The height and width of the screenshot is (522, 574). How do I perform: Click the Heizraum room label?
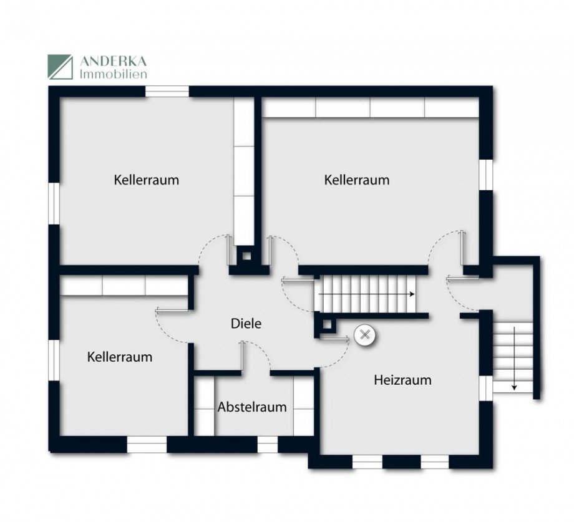coord(402,379)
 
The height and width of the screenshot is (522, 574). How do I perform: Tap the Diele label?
coord(246,324)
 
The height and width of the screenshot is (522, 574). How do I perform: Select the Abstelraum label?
coord(252,407)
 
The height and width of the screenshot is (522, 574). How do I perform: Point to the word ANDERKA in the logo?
coord(113,60)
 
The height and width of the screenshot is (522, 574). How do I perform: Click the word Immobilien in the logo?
coord(113,73)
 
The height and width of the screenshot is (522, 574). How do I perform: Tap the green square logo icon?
coord(61,67)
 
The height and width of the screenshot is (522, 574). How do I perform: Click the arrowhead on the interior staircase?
coord(413,294)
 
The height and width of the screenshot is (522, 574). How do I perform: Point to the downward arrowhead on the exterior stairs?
coord(514,387)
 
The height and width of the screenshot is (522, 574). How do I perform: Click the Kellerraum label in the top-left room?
coord(146,180)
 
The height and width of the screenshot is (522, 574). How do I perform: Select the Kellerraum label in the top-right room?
coord(356,180)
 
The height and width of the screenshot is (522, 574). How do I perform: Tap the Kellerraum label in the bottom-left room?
coord(120,357)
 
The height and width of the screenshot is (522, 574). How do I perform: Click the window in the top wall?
coord(167,92)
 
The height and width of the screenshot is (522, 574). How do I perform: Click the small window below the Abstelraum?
coord(267,444)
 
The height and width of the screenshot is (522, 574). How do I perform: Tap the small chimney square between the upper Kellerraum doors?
coord(247,254)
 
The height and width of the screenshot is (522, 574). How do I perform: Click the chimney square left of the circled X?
coord(326,324)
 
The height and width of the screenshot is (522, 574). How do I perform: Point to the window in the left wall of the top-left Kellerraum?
coord(54,203)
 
